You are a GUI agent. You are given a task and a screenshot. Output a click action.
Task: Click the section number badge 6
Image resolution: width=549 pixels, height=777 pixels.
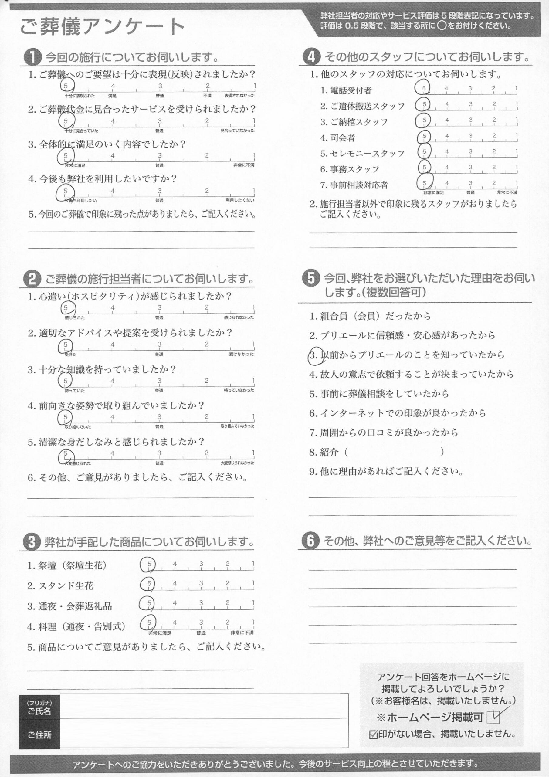coord(310,541)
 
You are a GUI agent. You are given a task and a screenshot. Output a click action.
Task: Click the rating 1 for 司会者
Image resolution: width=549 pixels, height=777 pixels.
coord(517,136)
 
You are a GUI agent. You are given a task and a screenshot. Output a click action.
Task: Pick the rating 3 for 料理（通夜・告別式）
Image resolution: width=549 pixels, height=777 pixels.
coord(201,622)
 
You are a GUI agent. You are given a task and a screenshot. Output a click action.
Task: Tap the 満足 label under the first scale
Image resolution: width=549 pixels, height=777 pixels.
coord(112,96)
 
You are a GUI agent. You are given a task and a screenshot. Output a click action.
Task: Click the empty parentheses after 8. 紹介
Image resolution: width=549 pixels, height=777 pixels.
coord(394,452)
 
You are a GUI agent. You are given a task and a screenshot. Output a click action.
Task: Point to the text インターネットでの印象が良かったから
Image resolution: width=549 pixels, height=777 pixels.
coord(403,413)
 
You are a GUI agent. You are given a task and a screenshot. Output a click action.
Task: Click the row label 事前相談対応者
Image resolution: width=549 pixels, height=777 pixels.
coord(359,185)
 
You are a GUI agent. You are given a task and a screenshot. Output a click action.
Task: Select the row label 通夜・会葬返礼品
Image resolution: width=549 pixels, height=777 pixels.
coord(75,606)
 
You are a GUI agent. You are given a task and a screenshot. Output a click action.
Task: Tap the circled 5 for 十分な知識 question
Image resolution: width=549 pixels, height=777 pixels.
coord(65,381)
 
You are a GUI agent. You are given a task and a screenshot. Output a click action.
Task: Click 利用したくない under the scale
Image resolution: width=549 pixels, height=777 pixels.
coord(240,200)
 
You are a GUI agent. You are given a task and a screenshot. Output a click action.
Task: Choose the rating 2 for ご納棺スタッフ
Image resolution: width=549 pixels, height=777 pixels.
coord(494,120)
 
